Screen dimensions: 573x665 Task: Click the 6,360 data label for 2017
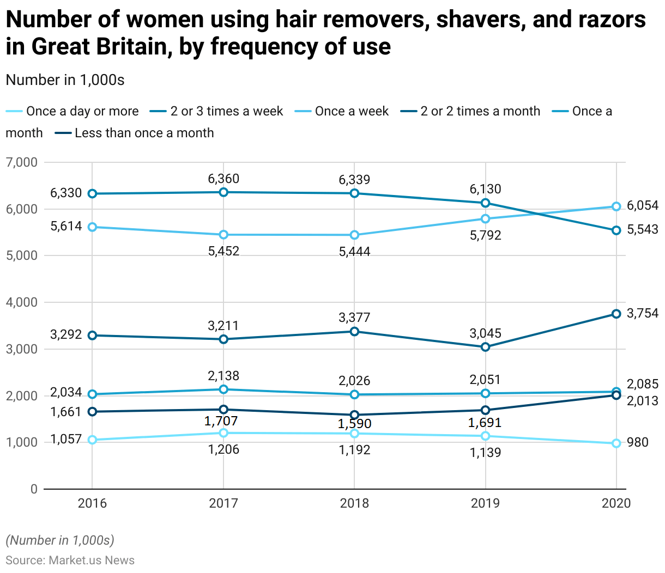click(223, 179)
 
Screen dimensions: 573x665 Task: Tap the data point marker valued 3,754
click(616, 314)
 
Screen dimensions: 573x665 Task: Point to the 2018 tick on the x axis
click(354, 503)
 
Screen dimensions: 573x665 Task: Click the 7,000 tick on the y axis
click(22, 162)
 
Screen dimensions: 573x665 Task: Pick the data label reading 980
click(638, 442)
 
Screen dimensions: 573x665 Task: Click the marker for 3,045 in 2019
click(486, 347)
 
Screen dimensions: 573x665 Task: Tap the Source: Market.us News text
click(70, 560)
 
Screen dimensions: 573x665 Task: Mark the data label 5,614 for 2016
click(66, 226)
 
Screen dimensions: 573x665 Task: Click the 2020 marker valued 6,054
click(616, 206)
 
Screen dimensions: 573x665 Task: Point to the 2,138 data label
click(223, 376)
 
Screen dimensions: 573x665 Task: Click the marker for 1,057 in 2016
click(92, 440)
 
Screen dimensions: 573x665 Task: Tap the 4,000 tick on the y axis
click(22, 302)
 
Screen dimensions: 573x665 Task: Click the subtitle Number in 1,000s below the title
click(65, 80)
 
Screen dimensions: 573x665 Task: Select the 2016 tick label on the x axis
click(92, 503)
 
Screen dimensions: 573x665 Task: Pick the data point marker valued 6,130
click(486, 203)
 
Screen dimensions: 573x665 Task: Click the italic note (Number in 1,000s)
click(60, 540)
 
